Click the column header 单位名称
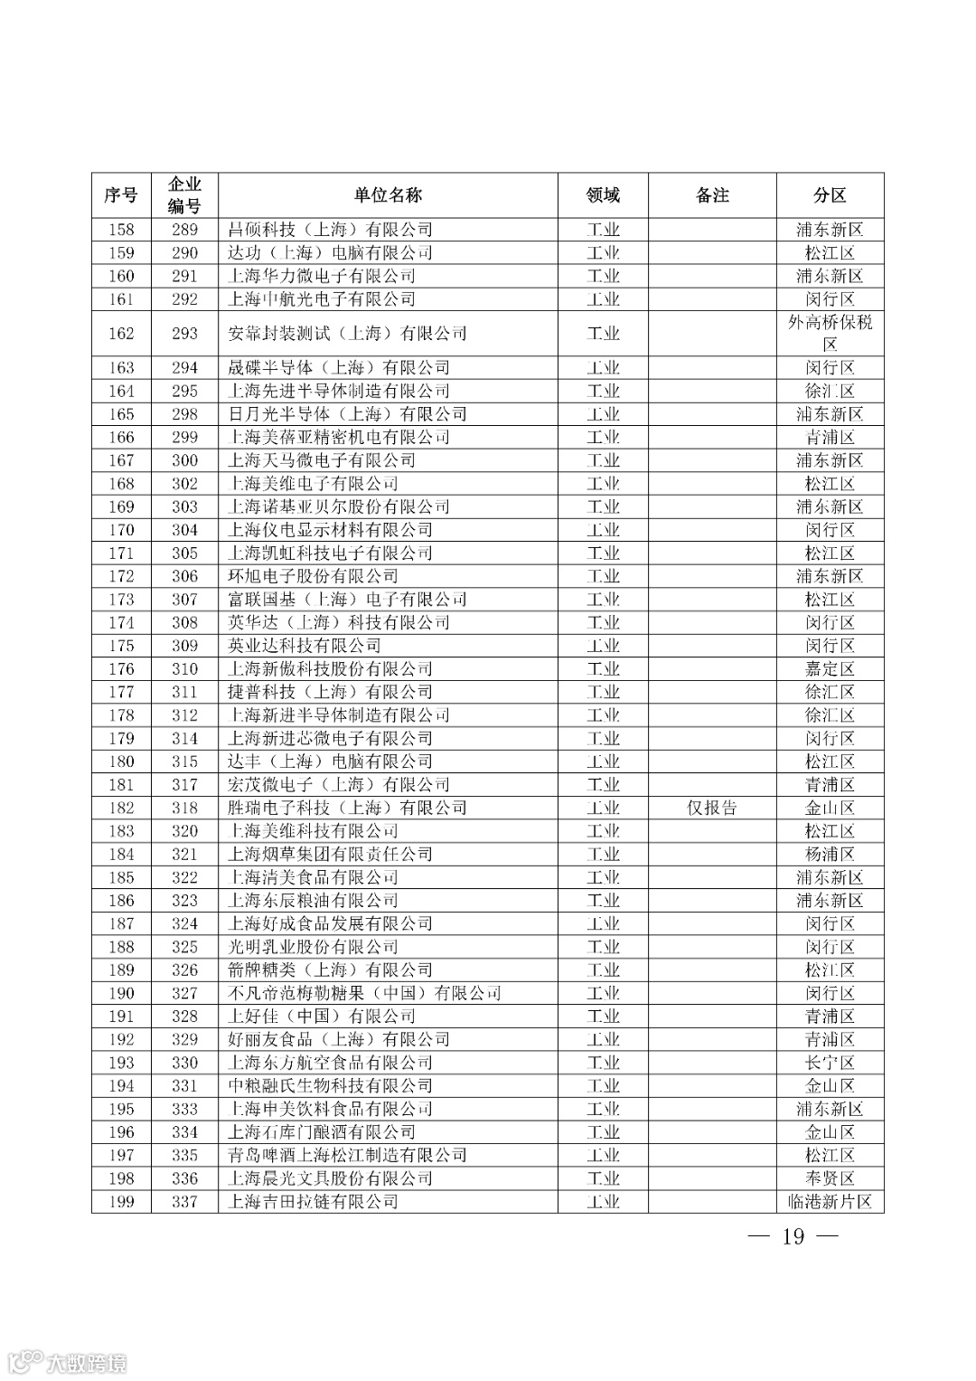[388, 195]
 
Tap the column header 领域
[603, 195]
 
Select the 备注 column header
[712, 195]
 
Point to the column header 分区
[830, 195]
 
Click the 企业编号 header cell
[184, 195]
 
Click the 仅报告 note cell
[712, 808]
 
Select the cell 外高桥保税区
[830, 333]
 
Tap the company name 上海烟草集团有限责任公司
[330, 854]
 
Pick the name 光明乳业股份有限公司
[313, 947]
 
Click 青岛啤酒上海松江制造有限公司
[347, 1155]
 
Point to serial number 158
[121, 230]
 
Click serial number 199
[121, 1202]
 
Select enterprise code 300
[184, 460]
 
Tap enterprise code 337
[184, 1202]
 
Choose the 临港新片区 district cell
[830, 1202]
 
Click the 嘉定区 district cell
[830, 669]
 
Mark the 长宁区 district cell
[830, 1063]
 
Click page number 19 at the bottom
[793, 1236]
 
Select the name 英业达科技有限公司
[305, 646]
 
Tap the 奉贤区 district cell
[830, 1178]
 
